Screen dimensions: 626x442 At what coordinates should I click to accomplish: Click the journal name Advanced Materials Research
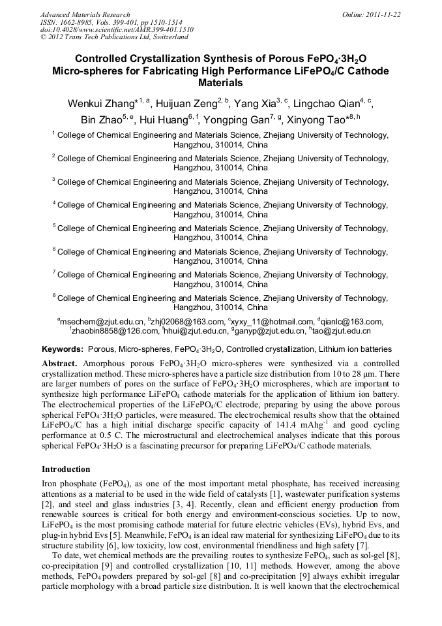[x=85, y=14]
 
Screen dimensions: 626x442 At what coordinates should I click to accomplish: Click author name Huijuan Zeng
[x=186, y=104]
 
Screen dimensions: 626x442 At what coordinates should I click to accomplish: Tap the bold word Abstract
[x=60, y=363]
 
